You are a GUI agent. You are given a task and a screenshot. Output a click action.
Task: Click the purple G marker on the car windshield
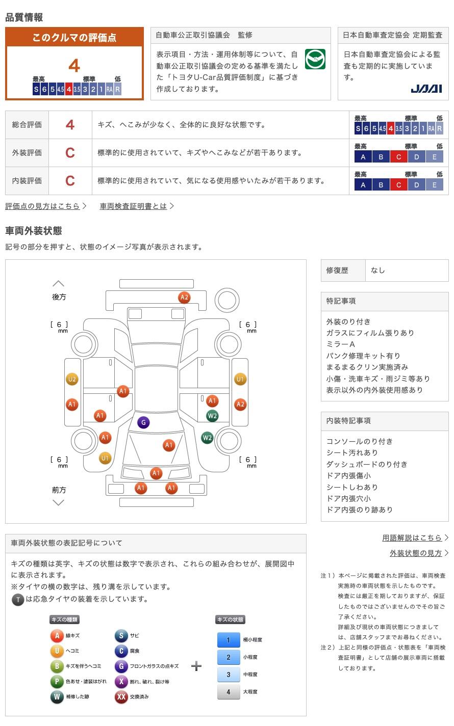coord(143,422)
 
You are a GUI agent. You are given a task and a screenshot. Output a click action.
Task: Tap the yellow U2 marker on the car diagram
coord(72,379)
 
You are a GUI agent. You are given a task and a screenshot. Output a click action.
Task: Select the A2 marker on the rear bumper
coord(184,298)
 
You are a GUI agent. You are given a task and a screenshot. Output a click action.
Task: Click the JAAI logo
coord(426,89)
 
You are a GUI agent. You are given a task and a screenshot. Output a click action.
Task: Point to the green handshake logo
coord(315,59)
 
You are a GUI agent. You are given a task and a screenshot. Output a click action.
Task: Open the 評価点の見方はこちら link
coord(42,206)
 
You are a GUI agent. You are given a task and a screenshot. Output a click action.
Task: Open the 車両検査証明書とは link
coord(133,206)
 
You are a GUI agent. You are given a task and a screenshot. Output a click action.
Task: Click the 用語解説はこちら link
coord(412,537)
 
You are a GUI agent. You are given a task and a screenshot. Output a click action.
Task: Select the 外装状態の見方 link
coord(416,553)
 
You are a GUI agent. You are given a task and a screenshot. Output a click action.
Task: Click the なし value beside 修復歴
coord(378,271)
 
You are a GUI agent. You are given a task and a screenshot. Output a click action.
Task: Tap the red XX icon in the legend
coord(121,696)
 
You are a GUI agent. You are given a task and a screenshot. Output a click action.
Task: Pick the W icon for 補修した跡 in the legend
coord(57,696)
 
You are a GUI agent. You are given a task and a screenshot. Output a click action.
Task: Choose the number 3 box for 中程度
coord(229,674)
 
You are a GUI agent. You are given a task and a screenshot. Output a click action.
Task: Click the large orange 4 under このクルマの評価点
coord(74,66)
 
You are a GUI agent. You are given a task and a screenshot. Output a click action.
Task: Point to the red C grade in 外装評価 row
coord(70,153)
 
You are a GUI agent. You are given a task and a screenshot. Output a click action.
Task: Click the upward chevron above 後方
coord(59,283)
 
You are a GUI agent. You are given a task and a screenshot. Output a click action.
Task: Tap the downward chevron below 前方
coord(59,503)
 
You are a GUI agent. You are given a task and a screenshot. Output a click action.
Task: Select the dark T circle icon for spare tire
coord(18,599)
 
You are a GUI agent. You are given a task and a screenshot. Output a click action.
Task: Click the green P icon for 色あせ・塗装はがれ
coord(57,681)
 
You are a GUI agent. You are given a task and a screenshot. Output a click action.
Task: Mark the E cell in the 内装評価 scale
coord(434,185)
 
